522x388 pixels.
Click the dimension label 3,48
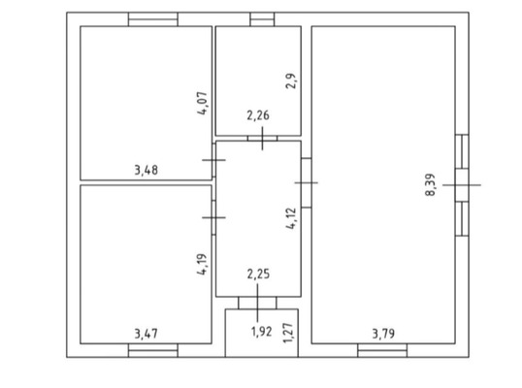(147, 170)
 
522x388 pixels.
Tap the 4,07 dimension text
(203, 103)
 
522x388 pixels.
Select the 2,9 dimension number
(291, 81)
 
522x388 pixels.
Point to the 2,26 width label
(258, 115)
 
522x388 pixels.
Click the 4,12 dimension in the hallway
(291, 218)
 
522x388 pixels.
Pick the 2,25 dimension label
(258, 275)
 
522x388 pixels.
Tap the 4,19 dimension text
(202, 264)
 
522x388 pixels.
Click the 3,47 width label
(147, 334)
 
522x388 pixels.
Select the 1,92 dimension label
(261, 332)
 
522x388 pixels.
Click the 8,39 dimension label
(430, 184)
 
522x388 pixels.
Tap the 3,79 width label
(383, 334)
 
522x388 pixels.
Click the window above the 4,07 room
(153, 19)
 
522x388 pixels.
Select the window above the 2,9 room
(262, 19)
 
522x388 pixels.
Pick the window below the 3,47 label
(153, 350)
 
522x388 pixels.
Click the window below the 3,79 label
(382, 350)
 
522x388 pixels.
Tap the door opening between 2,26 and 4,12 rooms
(262, 138)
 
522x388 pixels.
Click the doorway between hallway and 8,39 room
(307, 182)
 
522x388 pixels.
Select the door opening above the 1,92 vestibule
(257, 303)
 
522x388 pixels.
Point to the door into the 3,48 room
(213, 160)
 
